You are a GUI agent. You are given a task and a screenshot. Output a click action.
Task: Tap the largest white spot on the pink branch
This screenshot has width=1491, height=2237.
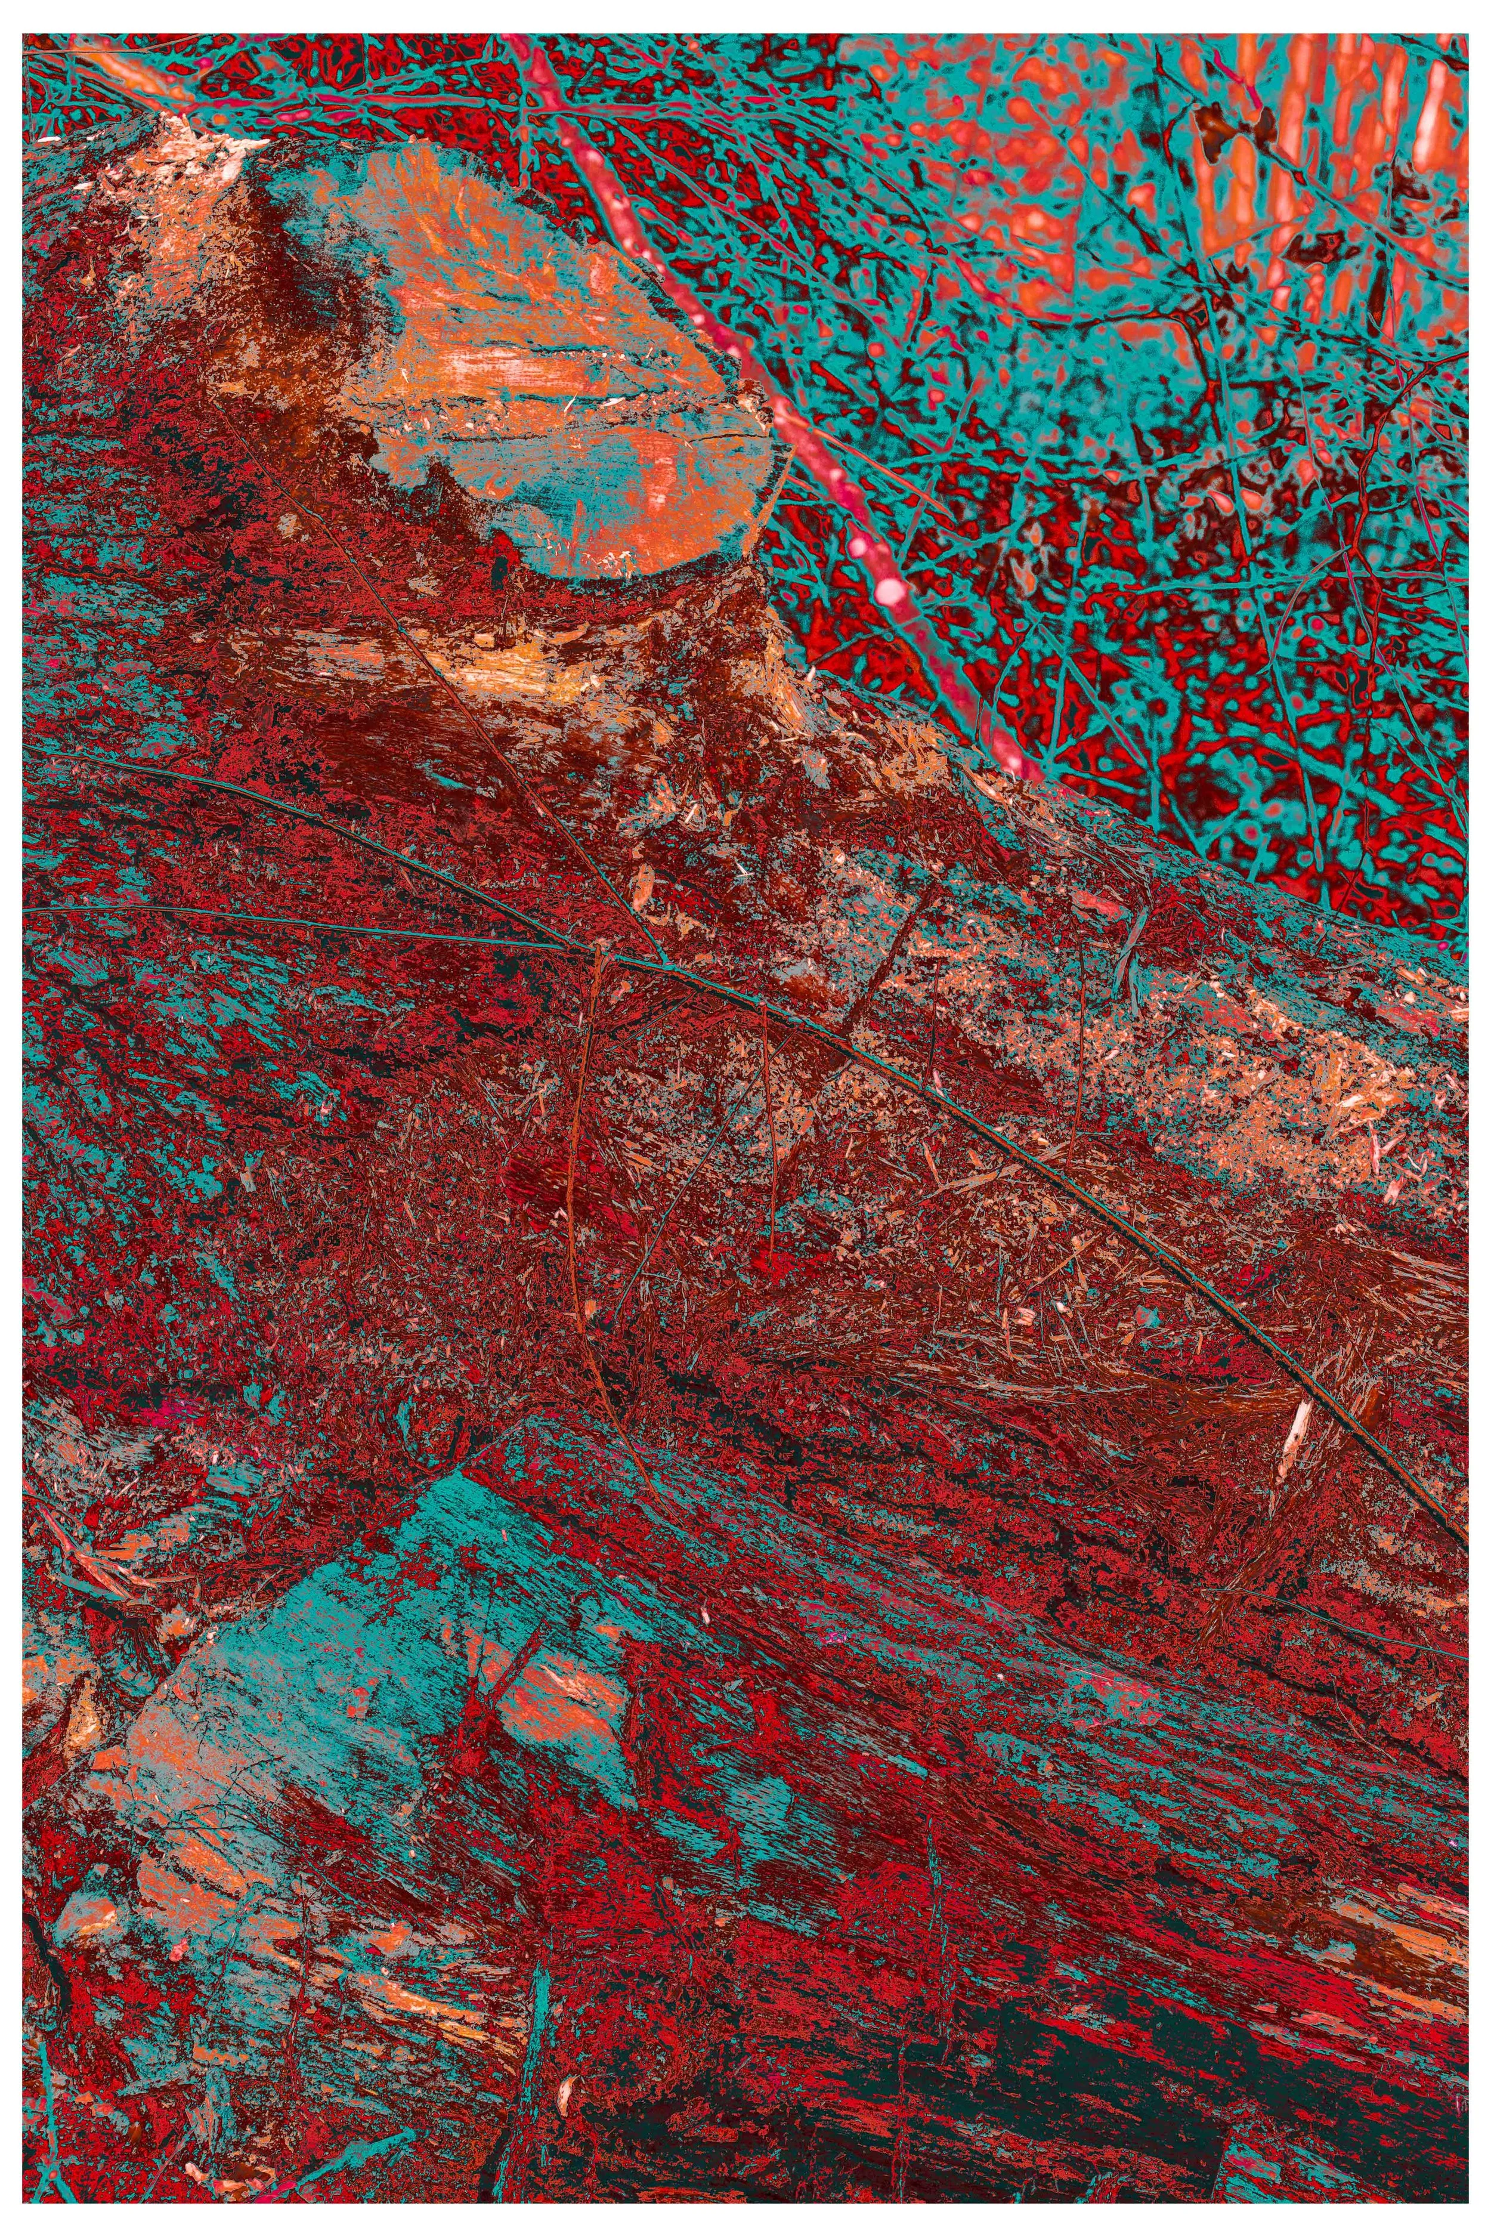coord(891,592)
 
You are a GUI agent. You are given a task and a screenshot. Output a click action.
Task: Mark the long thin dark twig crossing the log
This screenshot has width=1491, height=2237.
coord(1046,1141)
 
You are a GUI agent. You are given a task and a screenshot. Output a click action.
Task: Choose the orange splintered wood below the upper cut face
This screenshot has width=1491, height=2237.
coord(533,666)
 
